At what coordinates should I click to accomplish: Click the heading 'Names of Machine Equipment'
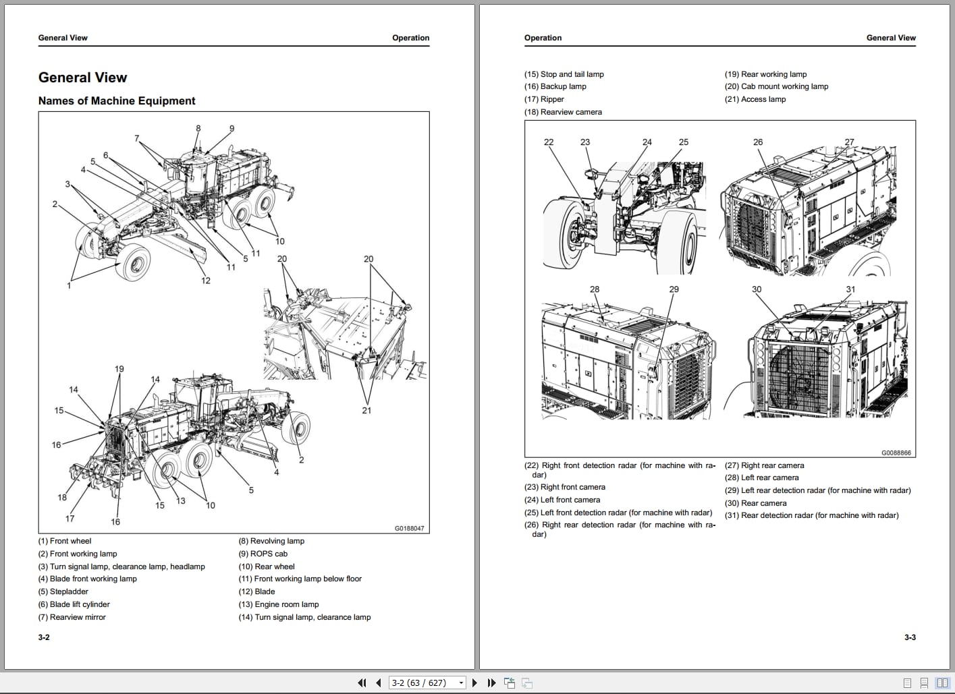tap(117, 101)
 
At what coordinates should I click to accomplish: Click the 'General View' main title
tap(82, 78)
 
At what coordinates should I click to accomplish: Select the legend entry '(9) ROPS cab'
tap(263, 554)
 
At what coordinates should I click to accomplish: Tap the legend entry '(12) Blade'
tap(256, 591)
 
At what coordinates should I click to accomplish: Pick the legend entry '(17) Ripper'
tap(544, 99)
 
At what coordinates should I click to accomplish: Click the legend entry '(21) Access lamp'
tap(755, 99)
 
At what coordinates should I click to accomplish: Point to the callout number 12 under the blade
tap(206, 281)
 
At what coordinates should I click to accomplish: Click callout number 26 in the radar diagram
tap(758, 142)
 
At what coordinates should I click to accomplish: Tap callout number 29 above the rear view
tap(674, 289)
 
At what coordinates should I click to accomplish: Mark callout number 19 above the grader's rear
tap(119, 369)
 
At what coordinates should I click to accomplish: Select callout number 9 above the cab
tap(231, 129)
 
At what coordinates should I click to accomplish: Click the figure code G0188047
tap(409, 528)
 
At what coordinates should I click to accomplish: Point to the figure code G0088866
tap(896, 453)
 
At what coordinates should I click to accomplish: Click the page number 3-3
tap(910, 637)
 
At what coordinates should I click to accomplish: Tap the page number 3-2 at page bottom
tap(44, 637)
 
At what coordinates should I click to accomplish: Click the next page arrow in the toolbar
tap(474, 683)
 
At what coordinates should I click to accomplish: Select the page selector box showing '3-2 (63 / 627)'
tap(427, 683)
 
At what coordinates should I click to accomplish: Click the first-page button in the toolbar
tap(362, 683)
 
